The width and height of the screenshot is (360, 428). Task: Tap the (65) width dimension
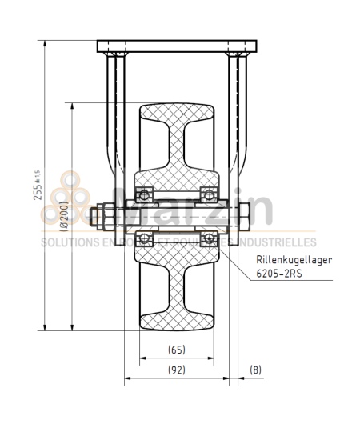pyautogui.click(x=178, y=350)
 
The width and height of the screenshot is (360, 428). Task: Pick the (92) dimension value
pyautogui.click(x=178, y=370)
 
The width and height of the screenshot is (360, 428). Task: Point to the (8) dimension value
pyautogui.click(x=255, y=370)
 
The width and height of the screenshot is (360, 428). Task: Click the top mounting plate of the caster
pyautogui.click(x=177, y=46)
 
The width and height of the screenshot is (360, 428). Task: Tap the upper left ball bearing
pyautogui.click(x=145, y=194)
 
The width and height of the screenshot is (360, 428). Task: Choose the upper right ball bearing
pyautogui.click(x=210, y=194)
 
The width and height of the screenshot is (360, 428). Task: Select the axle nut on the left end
pyautogui.click(x=102, y=215)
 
